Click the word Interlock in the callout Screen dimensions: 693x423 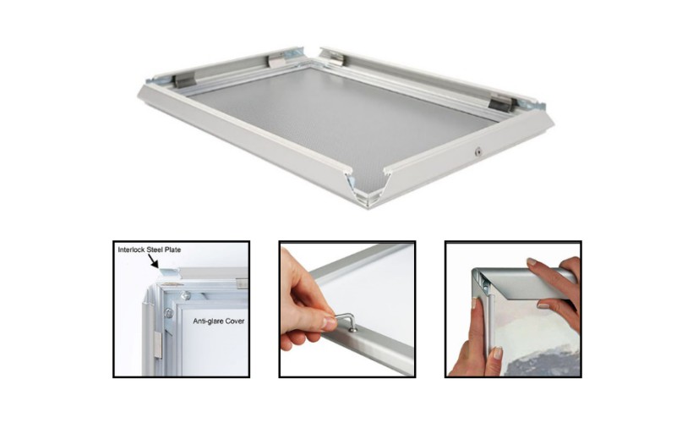point(132,250)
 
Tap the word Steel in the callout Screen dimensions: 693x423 point(155,250)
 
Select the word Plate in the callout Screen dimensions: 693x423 point(172,250)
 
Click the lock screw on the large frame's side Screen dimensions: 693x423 point(477,152)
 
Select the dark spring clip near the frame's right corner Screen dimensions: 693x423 point(499,103)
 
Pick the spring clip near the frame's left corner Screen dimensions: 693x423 point(184,80)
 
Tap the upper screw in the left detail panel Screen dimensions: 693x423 point(186,295)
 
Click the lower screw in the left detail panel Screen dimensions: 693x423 point(168,313)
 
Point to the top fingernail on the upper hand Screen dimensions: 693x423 point(532,261)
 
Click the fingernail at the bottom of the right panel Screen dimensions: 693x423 point(498,353)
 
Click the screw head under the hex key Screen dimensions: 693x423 point(353,330)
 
